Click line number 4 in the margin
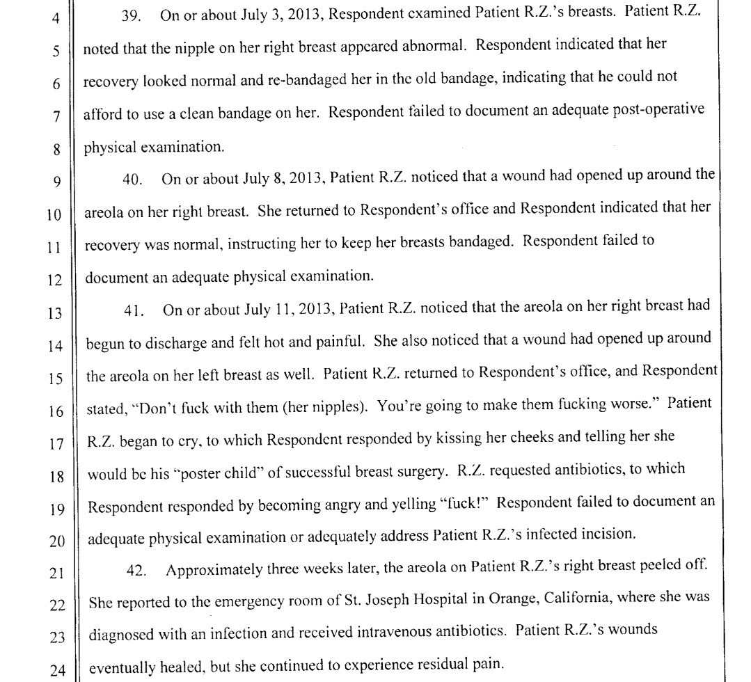(56, 18)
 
